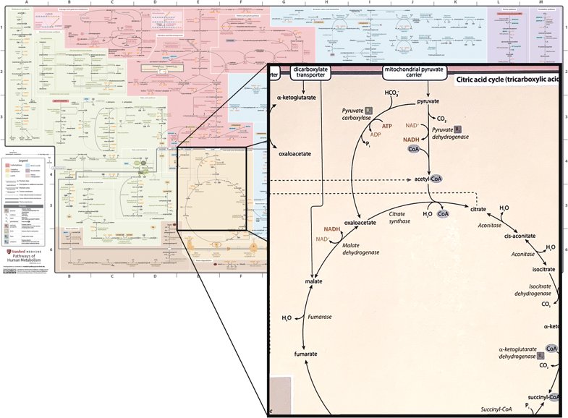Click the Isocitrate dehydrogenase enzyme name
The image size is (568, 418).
tap(533, 291)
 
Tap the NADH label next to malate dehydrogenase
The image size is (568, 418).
tap(331, 229)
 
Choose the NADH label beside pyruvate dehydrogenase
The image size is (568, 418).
tap(411, 139)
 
